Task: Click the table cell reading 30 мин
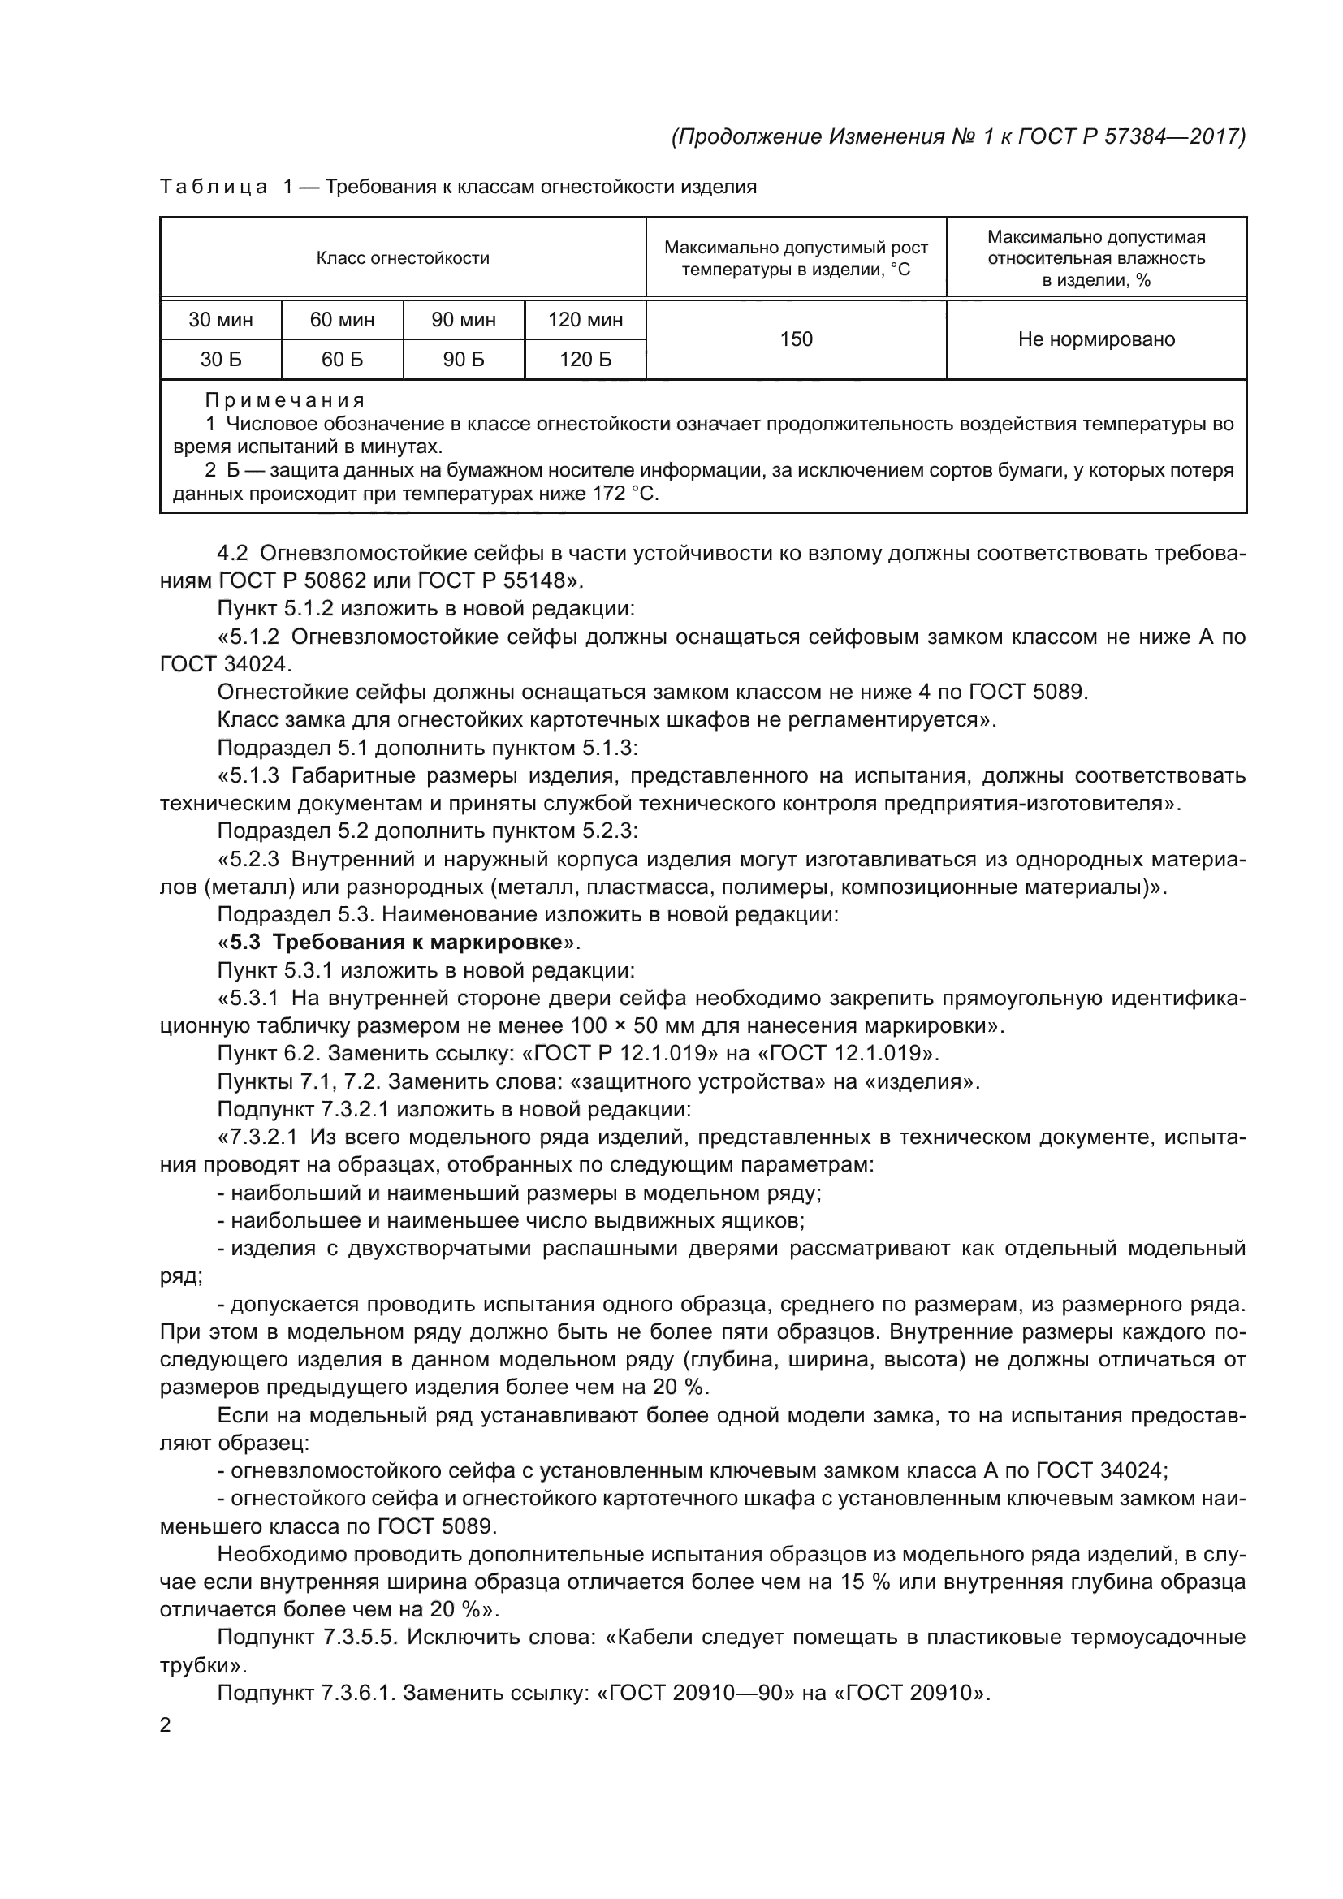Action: pyautogui.click(x=221, y=319)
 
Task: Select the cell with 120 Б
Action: pyautogui.click(x=585, y=359)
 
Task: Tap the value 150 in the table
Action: pyautogui.click(x=796, y=339)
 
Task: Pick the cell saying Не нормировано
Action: pyautogui.click(x=1095, y=339)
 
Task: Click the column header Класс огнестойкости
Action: pyautogui.click(x=403, y=258)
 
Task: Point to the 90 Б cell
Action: pyautogui.click(x=463, y=359)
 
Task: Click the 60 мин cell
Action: pyautogui.click(x=342, y=319)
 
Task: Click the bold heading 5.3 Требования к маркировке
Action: pyautogui.click(x=401, y=942)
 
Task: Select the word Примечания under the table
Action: pyautogui.click(x=284, y=400)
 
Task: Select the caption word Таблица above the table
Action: pyautogui.click(x=214, y=187)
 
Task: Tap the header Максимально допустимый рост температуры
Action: pyautogui.click(x=796, y=258)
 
